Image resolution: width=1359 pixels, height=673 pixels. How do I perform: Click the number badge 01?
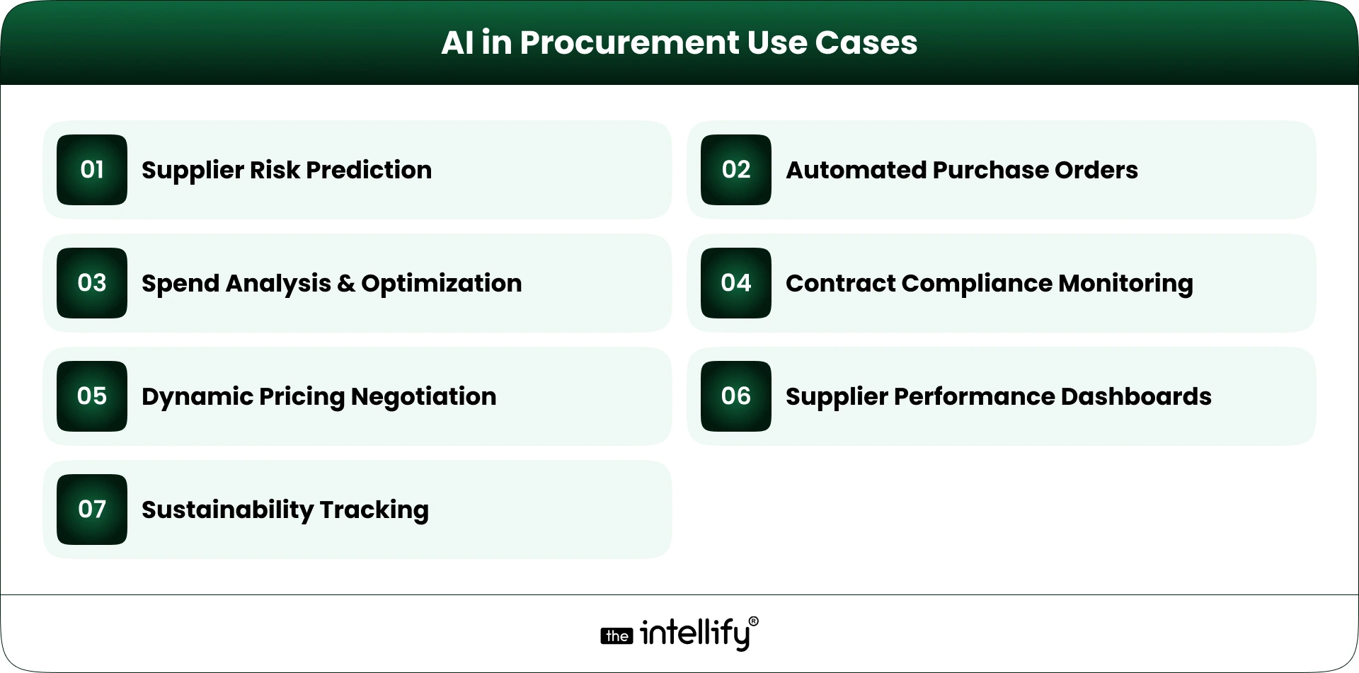point(92,170)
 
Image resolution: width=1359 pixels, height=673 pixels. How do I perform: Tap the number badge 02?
point(736,170)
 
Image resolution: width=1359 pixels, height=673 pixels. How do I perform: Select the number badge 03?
point(92,283)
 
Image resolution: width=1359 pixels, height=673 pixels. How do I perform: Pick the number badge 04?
point(736,283)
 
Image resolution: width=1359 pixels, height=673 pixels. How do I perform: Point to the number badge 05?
point(92,396)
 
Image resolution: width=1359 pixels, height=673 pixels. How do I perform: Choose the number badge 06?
point(736,396)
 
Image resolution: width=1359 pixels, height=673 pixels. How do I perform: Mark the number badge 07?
point(92,510)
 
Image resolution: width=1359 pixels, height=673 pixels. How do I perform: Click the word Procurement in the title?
point(629,43)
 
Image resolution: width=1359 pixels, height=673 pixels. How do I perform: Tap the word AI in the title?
point(457,43)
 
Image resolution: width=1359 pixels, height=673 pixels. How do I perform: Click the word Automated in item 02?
point(856,171)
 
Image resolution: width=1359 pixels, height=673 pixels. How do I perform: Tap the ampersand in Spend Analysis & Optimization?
point(346,284)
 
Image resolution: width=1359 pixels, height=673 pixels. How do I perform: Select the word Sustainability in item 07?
point(227,510)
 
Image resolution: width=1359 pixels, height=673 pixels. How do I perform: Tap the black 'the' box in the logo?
point(617,636)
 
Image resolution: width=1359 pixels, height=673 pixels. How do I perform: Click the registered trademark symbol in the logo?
point(753,621)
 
